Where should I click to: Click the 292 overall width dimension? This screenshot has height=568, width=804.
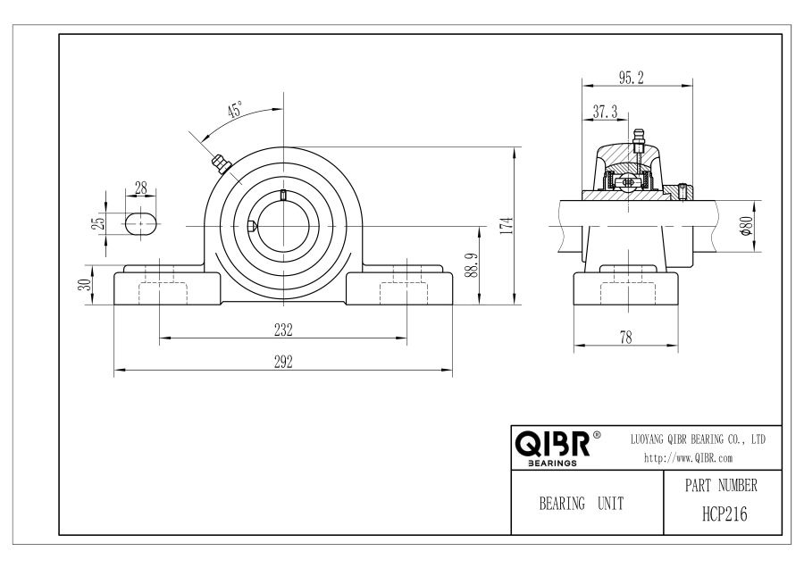tap(283, 362)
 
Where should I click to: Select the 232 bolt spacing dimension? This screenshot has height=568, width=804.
tap(283, 330)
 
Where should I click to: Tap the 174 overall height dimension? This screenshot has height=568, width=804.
tap(507, 225)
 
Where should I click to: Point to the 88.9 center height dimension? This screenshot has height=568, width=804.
tap(473, 265)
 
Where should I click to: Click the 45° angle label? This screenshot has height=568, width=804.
tap(235, 110)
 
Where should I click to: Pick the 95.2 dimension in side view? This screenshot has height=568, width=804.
tap(631, 78)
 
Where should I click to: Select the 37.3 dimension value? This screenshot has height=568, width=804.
tap(606, 112)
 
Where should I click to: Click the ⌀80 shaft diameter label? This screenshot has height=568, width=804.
tap(747, 226)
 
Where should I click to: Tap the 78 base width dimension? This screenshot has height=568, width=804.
tap(625, 338)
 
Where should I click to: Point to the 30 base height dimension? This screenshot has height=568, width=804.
tap(88, 285)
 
